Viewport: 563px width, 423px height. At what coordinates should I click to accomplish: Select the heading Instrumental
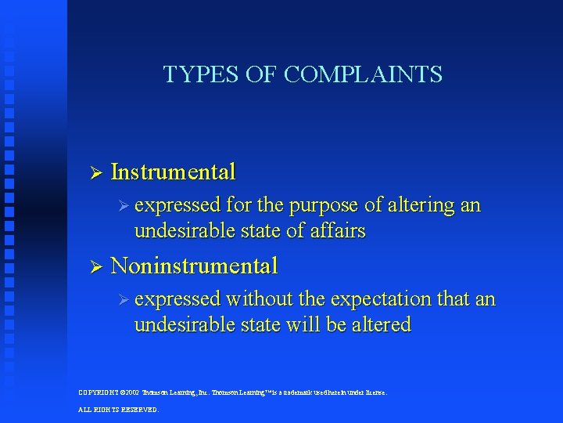[x=173, y=172]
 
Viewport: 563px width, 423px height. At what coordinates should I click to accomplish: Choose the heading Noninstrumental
[x=194, y=266]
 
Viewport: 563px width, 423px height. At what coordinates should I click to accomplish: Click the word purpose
[x=325, y=206]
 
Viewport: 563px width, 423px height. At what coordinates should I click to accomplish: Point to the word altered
[x=382, y=324]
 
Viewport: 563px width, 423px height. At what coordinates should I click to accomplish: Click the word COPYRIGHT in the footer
[x=99, y=392]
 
